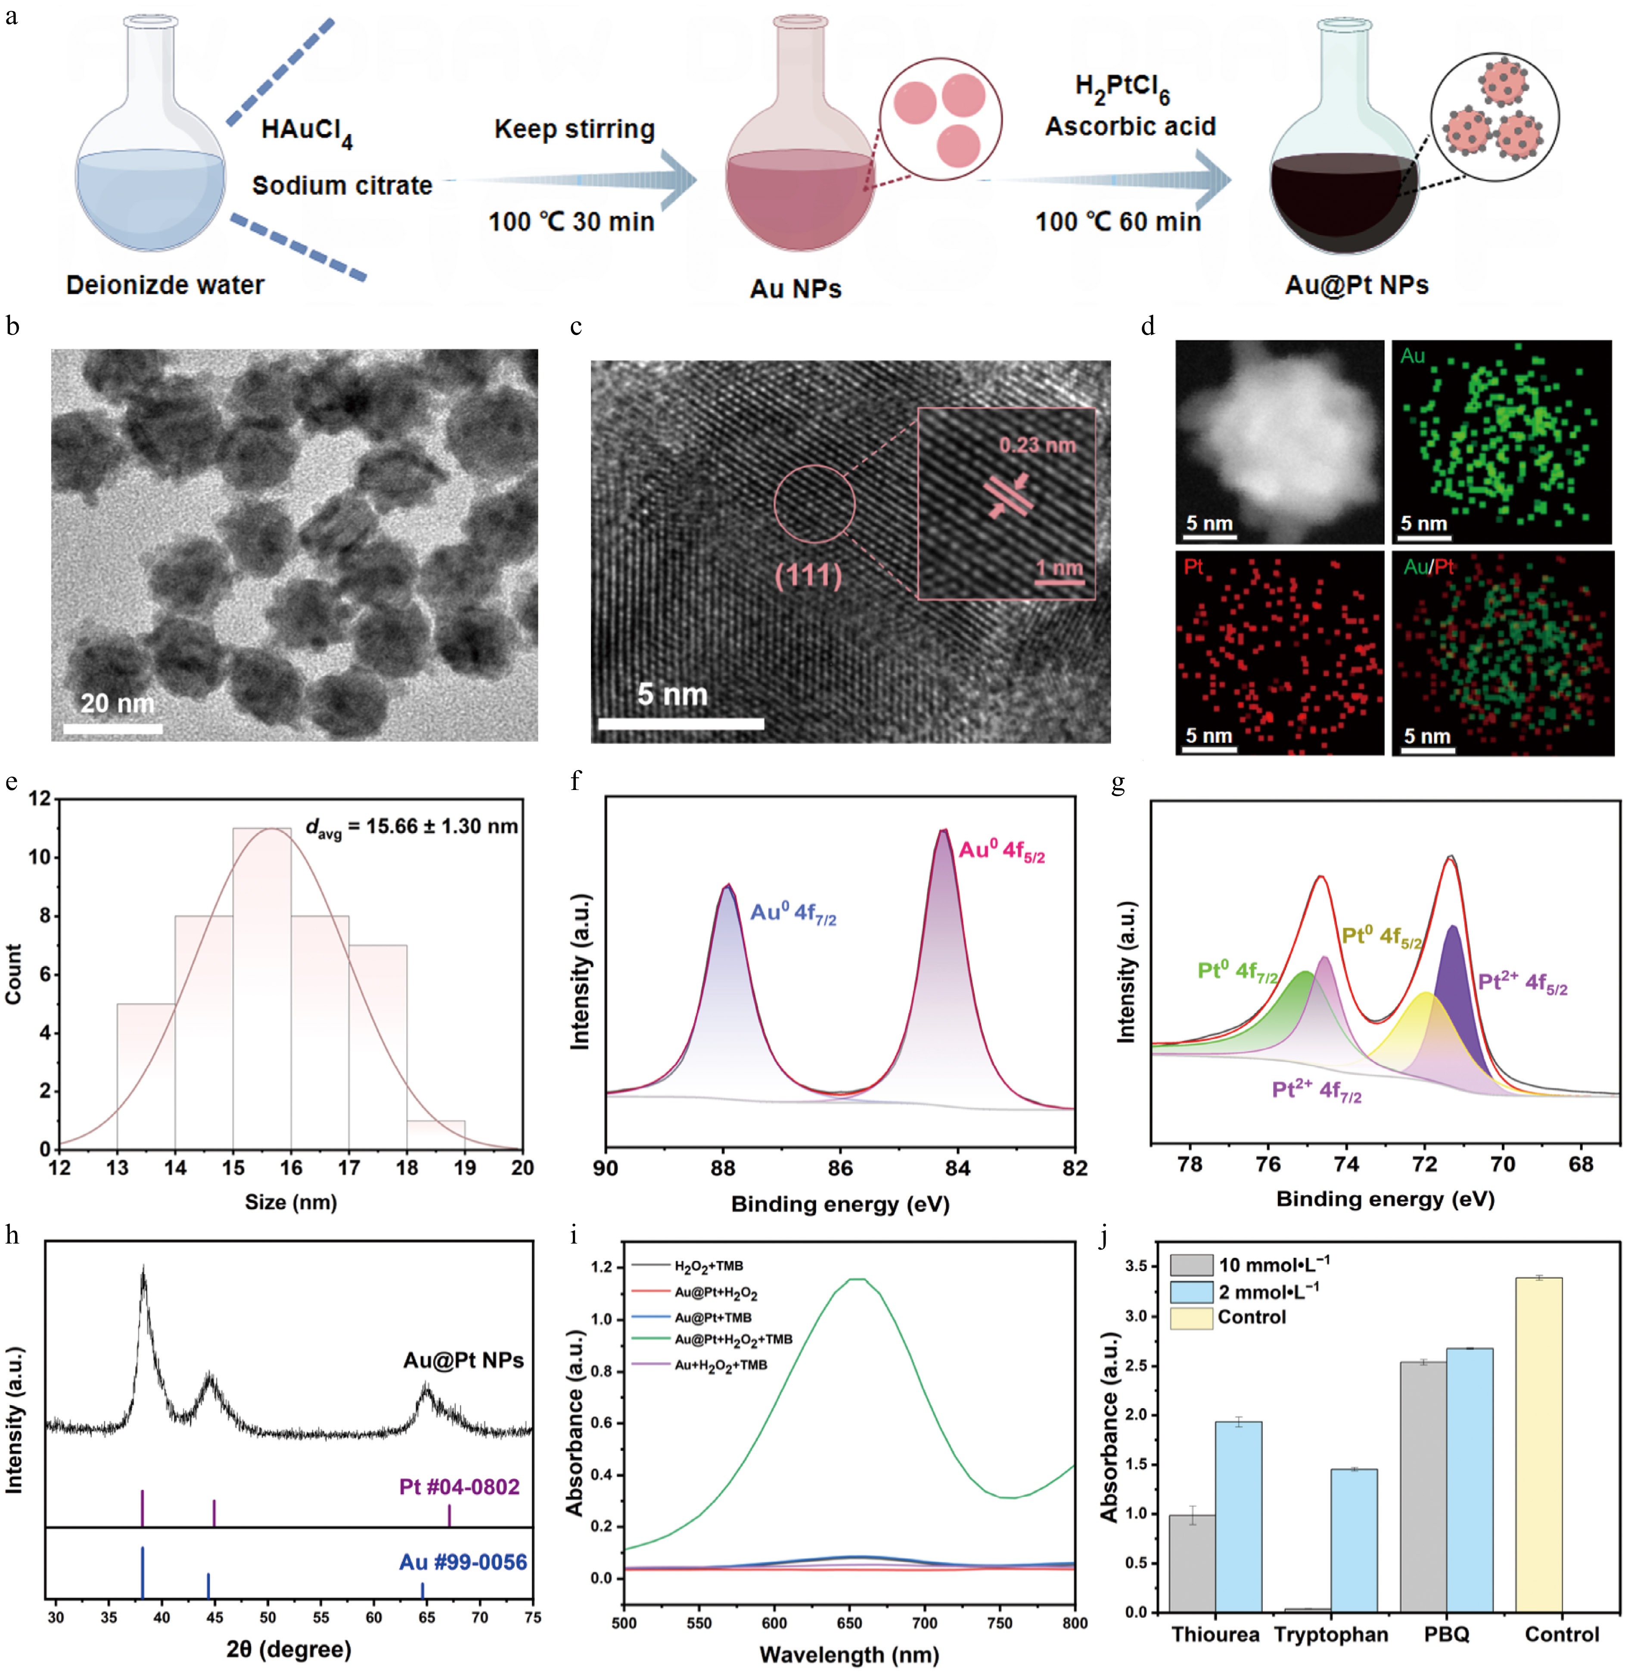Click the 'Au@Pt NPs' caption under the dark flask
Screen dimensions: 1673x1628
[1356, 285]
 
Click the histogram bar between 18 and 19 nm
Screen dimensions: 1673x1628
[436, 1134]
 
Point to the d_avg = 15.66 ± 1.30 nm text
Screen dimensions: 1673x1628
[411, 826]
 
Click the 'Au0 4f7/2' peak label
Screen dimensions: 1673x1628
[792, 914]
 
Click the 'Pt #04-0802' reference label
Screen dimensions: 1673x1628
[459, 1486]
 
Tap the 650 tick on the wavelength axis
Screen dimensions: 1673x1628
[849, 1623]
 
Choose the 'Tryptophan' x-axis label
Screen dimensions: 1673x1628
[1330, 1635]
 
